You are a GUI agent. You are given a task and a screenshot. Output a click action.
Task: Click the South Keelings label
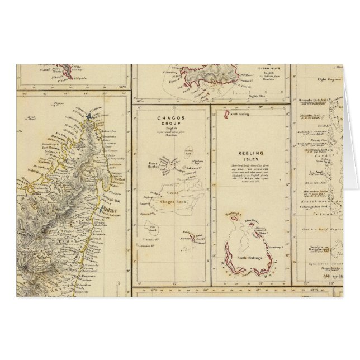[x=245, y=256]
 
